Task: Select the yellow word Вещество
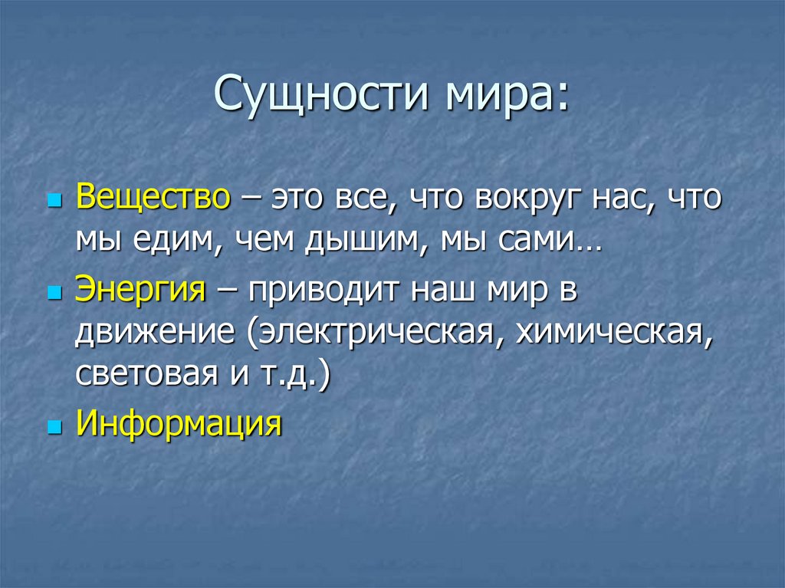153,199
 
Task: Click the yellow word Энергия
141,292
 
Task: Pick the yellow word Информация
179,422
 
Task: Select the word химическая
610,334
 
